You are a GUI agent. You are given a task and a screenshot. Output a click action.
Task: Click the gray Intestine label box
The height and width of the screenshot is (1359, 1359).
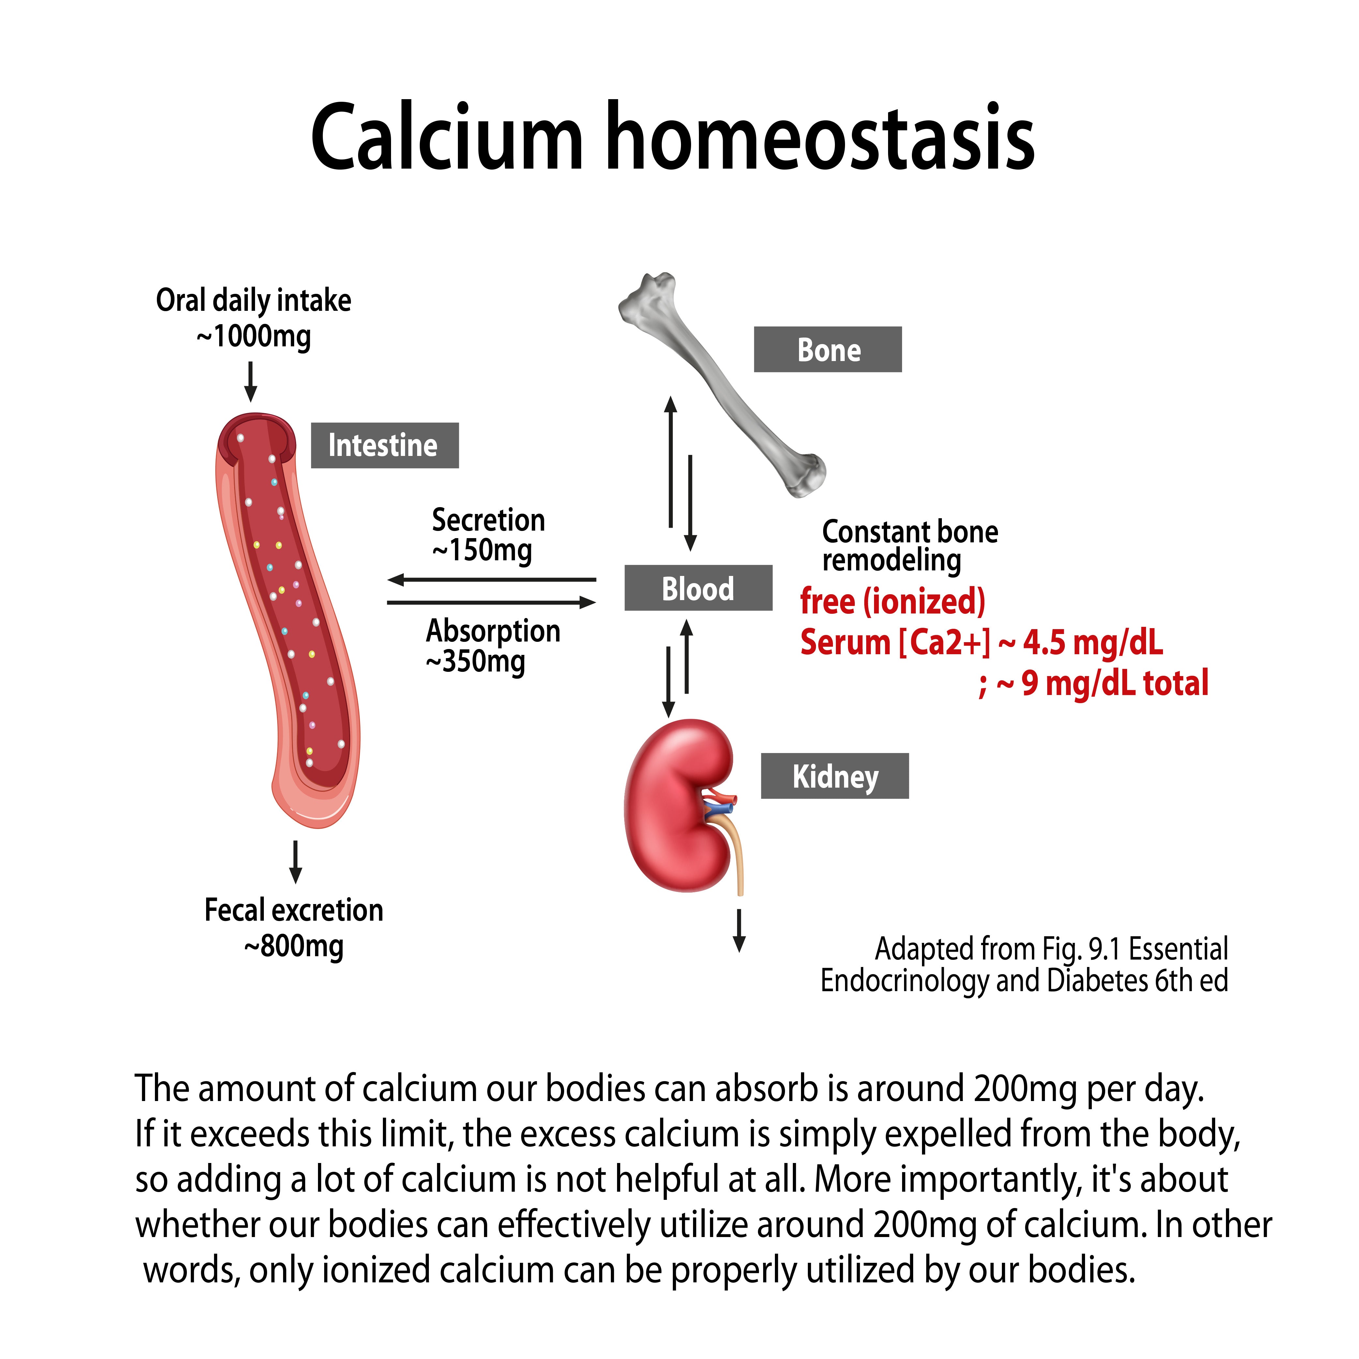click(385, 445)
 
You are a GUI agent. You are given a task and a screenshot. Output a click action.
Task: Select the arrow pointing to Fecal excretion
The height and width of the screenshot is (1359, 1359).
click(295, 862)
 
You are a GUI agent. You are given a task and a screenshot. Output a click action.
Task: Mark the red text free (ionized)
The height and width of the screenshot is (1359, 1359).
click(893, 601)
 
